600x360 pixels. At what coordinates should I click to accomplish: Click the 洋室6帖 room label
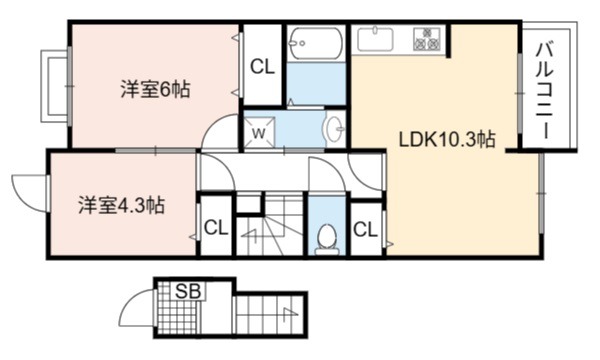tap(155, 90)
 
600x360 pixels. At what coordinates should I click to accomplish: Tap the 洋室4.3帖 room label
tap(122, 205)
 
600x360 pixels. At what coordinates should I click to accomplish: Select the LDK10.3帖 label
tap(447, 139)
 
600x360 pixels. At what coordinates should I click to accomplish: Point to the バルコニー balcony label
tap(546, 91)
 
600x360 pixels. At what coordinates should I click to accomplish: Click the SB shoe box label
tap(188, 292)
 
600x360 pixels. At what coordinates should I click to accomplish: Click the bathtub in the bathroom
tap(315, 43)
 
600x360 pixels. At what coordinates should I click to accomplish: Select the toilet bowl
tap(327, 239)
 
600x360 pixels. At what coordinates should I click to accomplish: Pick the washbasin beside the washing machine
tap(334, 128)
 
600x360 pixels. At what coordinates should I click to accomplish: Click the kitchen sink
tap(375, 39)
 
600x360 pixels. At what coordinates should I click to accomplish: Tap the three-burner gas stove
tap(426, 39)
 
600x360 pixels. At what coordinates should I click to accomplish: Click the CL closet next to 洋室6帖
tap(262, 67)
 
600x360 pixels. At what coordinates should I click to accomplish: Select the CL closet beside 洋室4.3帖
tap(216, 228)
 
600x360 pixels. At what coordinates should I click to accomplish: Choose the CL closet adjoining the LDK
tap(365, 230)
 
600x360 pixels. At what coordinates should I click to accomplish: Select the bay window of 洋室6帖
tap(56, 86)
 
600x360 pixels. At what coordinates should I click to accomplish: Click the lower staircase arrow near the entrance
tap(290, 314)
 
